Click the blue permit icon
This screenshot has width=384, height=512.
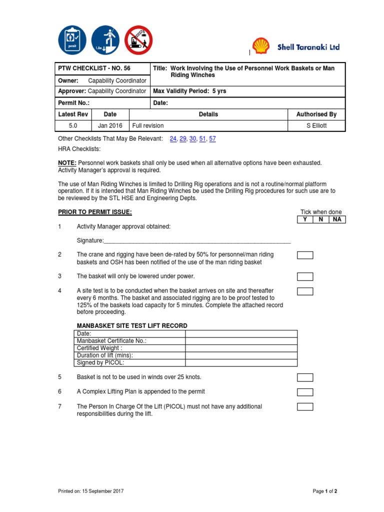[x=72, y=40]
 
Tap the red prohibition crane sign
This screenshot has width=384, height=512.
[x=138, y=40]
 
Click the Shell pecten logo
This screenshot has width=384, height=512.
[x=261, y=46]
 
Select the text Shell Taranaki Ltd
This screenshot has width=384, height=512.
[x=308, y=47]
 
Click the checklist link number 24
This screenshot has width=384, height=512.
[x=173, y=138]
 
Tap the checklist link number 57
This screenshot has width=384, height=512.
[x=212, y=138]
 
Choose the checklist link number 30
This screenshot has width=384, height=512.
[x=193, y=138]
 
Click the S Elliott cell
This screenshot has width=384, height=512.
[x=316, y=125]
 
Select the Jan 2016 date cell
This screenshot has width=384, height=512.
[x=110, y=125]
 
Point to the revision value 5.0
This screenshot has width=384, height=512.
[x=73, y=125]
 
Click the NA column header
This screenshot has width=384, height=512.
[x=337, y=219]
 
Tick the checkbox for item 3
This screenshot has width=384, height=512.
[x=305, y=276]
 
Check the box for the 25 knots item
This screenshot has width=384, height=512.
[x=305, y=377]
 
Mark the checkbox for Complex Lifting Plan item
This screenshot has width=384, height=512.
[x=305, y=392]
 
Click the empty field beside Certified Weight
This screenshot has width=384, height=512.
[x=241, y=348]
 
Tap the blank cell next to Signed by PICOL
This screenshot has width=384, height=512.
[x=241, y=362]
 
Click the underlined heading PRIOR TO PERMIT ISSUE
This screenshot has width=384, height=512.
[x=95, y=212]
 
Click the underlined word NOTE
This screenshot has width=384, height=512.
[x=67, y=163]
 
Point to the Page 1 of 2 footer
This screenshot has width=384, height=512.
[x=325, y=491]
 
